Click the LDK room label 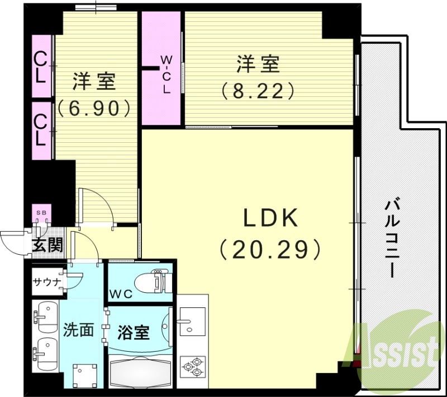tap(269, 218)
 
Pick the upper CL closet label tap(40, 67)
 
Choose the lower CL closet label tap(40, 129)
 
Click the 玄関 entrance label tap(46, 245)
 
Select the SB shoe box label tap(42, 213)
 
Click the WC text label tap(121, 293)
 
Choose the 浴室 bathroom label tap(134, 332)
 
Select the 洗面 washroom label tap(78, 330)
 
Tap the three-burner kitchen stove tap(193, 367)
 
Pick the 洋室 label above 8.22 tap(258, 64)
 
